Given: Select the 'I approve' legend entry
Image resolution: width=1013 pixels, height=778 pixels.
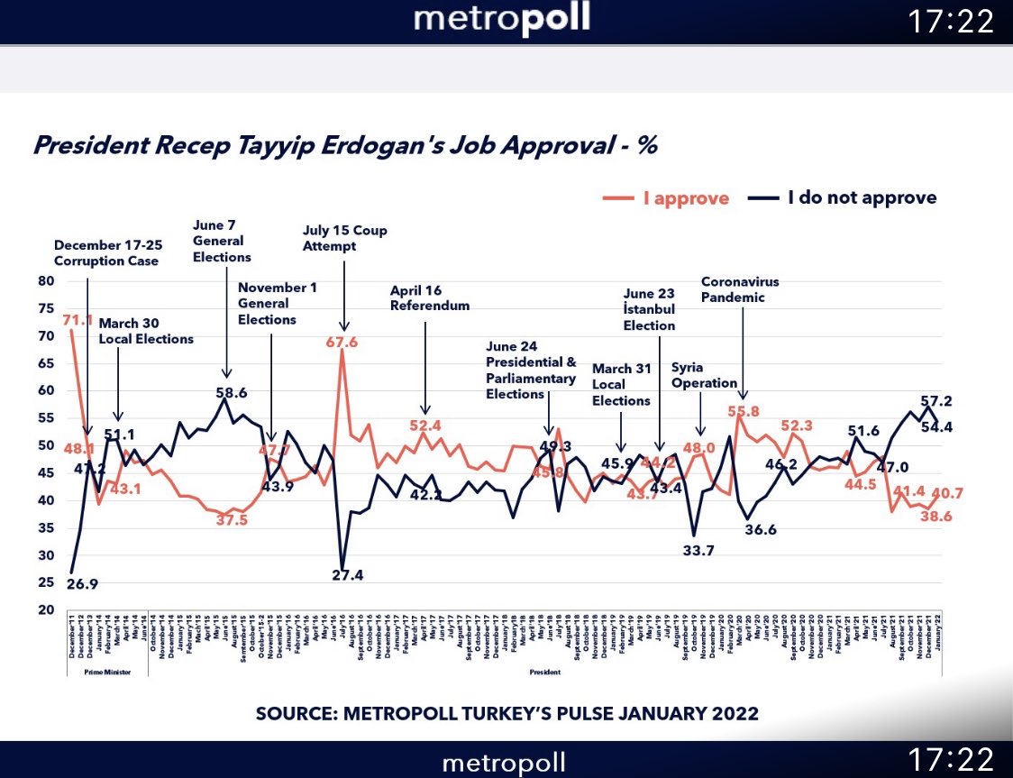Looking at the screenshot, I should tap(668, 198).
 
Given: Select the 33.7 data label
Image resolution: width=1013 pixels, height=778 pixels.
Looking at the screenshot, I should tap(698, 551).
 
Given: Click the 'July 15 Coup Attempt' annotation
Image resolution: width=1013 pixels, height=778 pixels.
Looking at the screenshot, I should tap(345, 238).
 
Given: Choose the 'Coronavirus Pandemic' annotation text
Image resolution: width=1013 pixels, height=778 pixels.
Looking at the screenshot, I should tap(740, 289).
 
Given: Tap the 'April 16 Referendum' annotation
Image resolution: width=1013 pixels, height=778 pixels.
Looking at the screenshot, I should tap(430, 298).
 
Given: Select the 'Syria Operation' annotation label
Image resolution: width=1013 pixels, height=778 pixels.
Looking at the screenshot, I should tap(705, 375).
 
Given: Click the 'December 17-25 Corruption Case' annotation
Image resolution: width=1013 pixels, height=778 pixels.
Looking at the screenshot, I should tap(106, 252).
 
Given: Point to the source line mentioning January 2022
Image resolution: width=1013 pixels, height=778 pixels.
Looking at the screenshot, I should tap(507, 714).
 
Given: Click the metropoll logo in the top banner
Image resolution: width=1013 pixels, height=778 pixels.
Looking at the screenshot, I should tap(502, 20).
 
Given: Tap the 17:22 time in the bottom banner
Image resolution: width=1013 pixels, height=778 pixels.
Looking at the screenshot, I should tap(952, 760).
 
